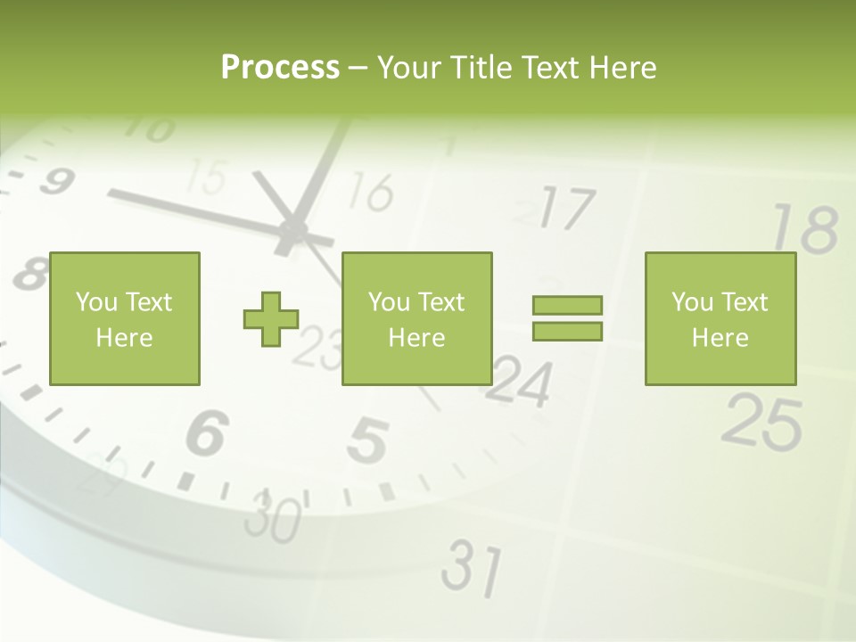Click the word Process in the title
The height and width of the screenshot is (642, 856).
click(x=280, y=68)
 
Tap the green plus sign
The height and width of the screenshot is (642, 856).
click(x=271, y=318)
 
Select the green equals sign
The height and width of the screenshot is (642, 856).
click(x=567, y=318)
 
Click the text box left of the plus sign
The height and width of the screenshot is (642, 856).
click(x=125, y=318)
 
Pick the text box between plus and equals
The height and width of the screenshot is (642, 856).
click(x=416, y=318)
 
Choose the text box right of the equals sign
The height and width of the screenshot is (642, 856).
click(x=720, y=318)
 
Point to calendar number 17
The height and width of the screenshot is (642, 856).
click(x=565, y=210)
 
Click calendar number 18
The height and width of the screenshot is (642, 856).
click(x=805, y=228)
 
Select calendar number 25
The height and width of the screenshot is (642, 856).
click(x=762, y=421)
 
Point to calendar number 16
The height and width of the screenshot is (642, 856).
click(x=370, y=192)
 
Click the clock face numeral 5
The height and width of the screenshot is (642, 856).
click(x=367, y=441)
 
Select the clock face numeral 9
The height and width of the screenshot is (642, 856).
click(x=55, y=182)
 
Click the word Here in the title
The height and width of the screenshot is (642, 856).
click(x=622, y=68)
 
